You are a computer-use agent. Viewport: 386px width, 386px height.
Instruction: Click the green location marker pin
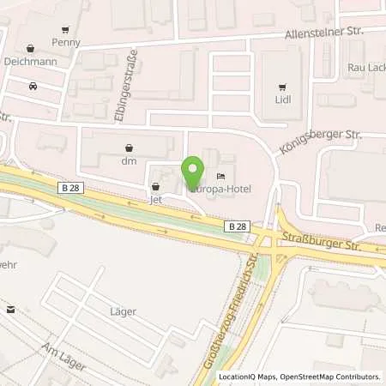click(x=193, y=169)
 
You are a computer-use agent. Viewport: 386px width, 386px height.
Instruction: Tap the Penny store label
click(x=66, y=41)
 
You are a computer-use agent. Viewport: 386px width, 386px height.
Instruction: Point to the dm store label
click(x=130, y=160)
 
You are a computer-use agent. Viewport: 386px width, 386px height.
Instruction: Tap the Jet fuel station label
click(x=156, y=199)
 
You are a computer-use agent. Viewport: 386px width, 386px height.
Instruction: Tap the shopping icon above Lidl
click(x=283, y=87)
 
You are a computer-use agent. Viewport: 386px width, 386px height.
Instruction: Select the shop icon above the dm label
click(x=130, y=147)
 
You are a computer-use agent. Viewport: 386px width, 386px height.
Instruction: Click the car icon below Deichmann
click(x=33, y=86)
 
